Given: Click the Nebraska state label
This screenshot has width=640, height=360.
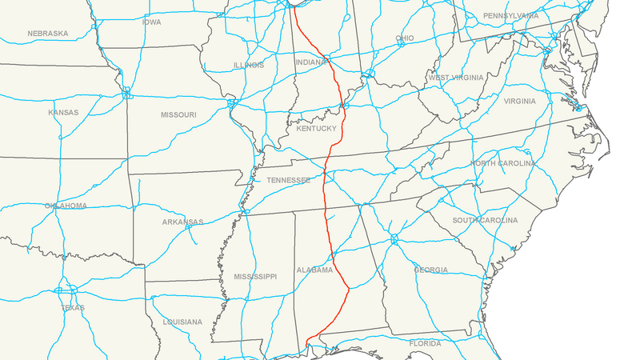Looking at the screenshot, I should pos(48,34).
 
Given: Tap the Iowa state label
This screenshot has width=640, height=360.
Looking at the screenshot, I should pos(151,22).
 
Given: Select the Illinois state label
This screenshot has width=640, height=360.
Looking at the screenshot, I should pos(248,66).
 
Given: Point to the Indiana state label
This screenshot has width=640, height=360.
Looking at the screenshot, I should pos(311,62).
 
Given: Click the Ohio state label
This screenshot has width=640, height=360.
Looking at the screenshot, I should pos(405,38).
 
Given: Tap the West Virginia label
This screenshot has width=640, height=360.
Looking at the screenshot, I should pos(455,78).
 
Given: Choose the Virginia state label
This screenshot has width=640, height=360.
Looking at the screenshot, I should pos(520,102).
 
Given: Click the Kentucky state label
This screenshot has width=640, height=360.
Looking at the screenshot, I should pos(315,129).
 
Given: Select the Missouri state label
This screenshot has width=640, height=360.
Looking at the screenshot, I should pos(178,115).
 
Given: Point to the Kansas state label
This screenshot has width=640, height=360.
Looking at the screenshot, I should pos(63,113).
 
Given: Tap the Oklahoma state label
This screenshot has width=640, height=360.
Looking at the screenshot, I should pos(66,206).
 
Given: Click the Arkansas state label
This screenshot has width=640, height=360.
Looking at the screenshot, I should pos(182,222).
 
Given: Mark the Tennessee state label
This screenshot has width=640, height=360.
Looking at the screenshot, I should pos(288,181).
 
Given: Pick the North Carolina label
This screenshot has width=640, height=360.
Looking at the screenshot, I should pos(502,164).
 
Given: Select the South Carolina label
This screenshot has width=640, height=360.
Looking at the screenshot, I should pos(485,221).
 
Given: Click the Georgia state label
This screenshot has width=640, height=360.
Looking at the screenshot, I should pos(431,270).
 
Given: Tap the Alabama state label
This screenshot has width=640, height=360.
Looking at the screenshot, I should pos(314,270).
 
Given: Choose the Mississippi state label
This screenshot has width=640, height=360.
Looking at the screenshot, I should pos(255,277).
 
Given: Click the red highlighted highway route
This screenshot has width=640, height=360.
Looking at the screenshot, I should pos(326,200).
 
